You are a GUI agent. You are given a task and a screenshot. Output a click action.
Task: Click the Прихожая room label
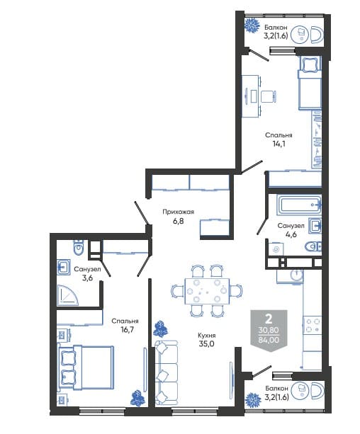pos(178,212)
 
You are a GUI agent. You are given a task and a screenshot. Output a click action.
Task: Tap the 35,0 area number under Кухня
pos(206,344)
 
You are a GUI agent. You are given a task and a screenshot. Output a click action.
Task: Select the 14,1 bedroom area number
pos(279,144)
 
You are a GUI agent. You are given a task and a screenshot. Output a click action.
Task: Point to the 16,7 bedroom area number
pos(128,330)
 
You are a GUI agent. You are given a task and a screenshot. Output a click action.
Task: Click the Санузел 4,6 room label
pos(291,230)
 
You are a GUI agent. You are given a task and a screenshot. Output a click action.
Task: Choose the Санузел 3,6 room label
pos(87,273)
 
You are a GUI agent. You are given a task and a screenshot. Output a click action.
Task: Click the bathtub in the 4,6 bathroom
pos(299,205)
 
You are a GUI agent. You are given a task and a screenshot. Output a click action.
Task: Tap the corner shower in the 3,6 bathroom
pos(67,295)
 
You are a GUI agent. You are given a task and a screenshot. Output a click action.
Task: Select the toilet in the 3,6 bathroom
pos(79,247)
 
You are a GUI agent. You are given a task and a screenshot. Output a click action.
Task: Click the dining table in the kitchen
pos(207,291)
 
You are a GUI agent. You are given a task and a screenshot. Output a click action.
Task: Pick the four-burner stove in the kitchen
pos(313,325)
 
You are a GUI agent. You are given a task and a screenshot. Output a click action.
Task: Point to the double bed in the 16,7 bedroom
pos(86,368)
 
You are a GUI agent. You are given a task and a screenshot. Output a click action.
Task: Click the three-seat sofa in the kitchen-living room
pos(166,372)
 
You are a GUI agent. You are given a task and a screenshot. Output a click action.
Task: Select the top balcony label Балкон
pos(276,28)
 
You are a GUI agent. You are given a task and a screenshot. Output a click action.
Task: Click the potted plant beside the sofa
pos(160,329)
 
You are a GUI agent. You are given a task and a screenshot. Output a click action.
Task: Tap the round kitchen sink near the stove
pos(296,275)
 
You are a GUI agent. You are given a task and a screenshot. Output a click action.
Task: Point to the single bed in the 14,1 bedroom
pos(310,83)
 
